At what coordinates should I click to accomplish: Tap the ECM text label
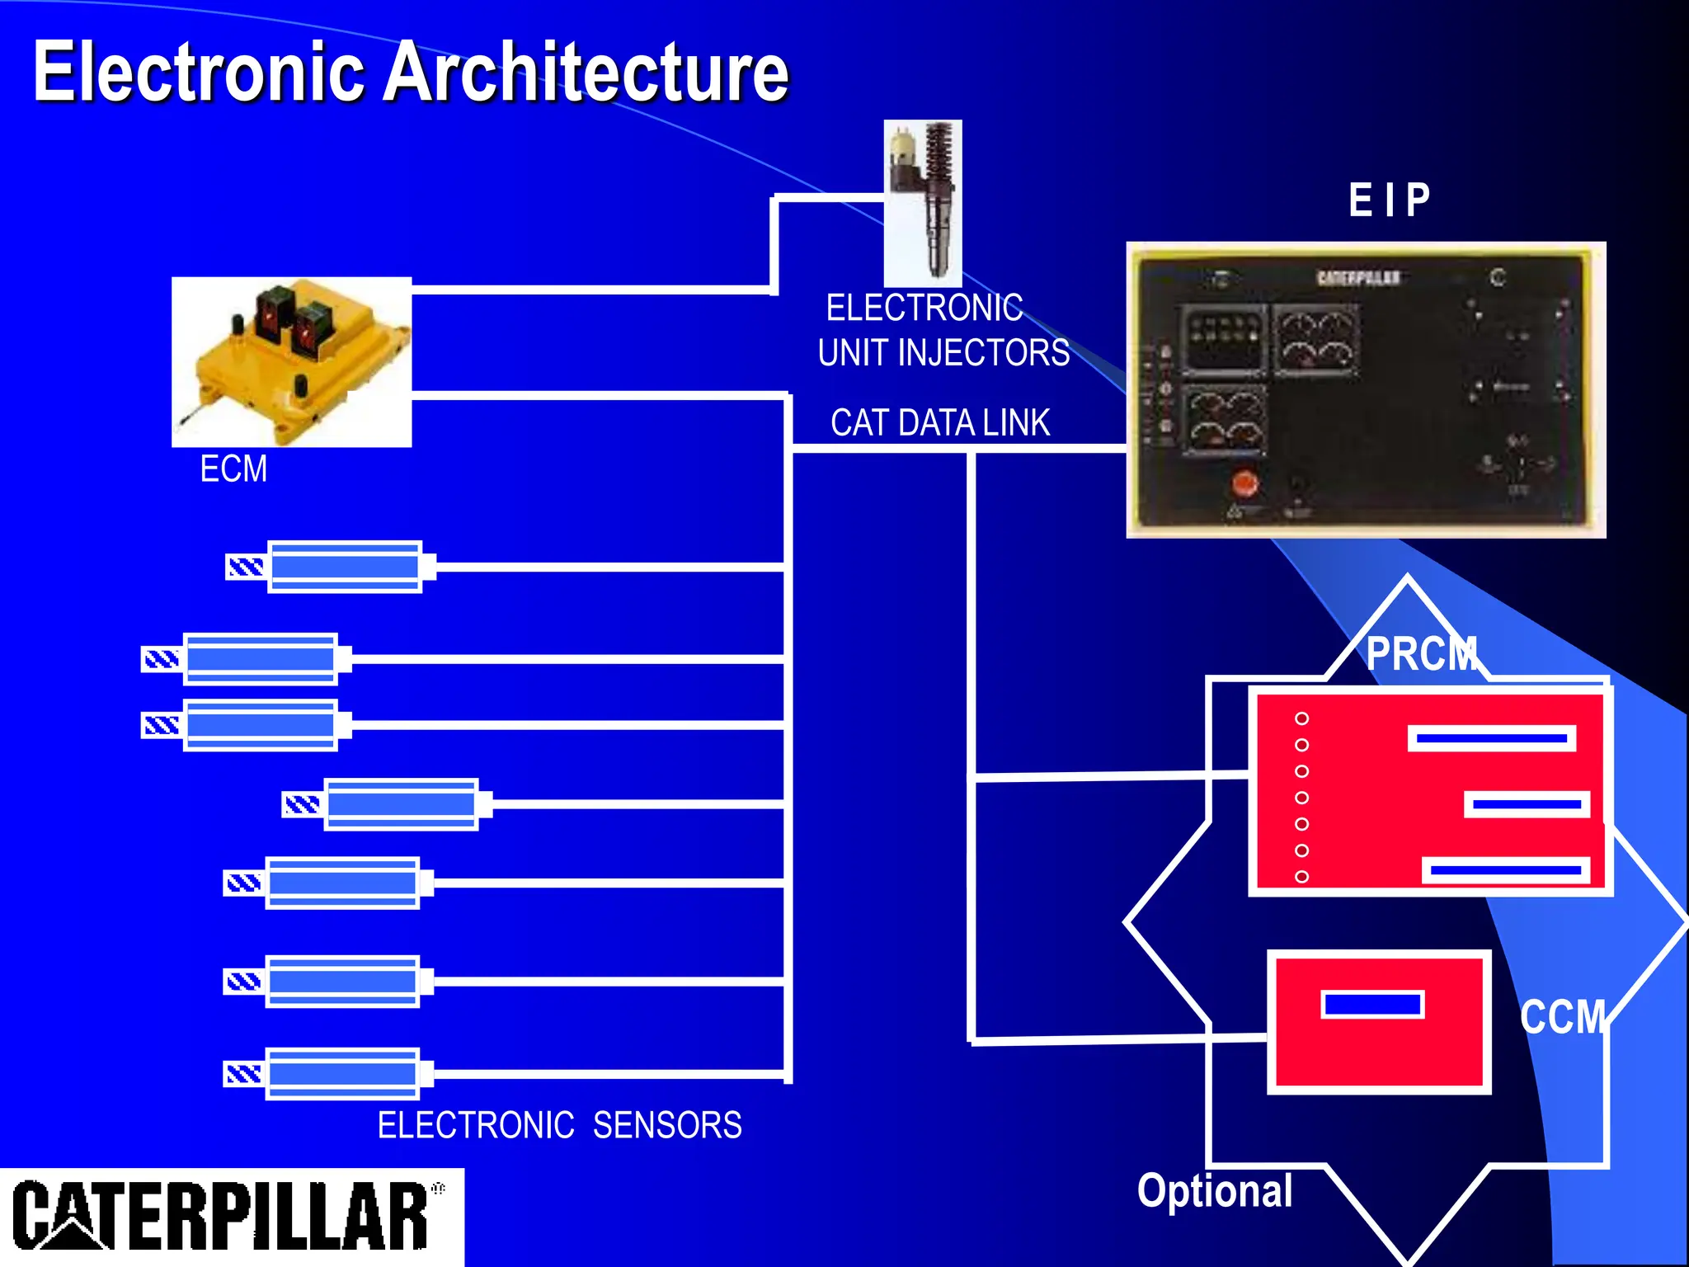(x=233, y=469)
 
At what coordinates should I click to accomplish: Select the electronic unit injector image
(x=923, y=203)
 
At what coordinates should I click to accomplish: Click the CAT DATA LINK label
(x=940, y=423)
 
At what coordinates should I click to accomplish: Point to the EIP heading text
(x=1390, y=200)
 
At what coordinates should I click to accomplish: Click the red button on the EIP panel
(x=1244, y=484)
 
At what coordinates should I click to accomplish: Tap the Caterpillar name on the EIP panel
(x=1358, y=278)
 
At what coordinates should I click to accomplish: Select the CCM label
(x=1564, y=1016)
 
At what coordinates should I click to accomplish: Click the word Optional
(x=1215, y=1191)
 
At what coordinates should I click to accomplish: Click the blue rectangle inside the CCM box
(x=1372, y=1005)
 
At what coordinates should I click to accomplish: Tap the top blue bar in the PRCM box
(x=1491, y=738)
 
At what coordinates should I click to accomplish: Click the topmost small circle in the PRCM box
(x=1302, y=718)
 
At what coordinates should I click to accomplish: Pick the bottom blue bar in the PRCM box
(x=1505, y=870)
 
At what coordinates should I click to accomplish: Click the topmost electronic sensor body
(x=345, y=567)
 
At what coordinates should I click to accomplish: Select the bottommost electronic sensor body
(x=342, y=1074)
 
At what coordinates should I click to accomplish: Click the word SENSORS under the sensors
(x=667, y=1126)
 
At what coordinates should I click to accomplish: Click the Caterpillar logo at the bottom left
(x=223, y=1217)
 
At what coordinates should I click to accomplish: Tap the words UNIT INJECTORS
(x=943, y=353)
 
